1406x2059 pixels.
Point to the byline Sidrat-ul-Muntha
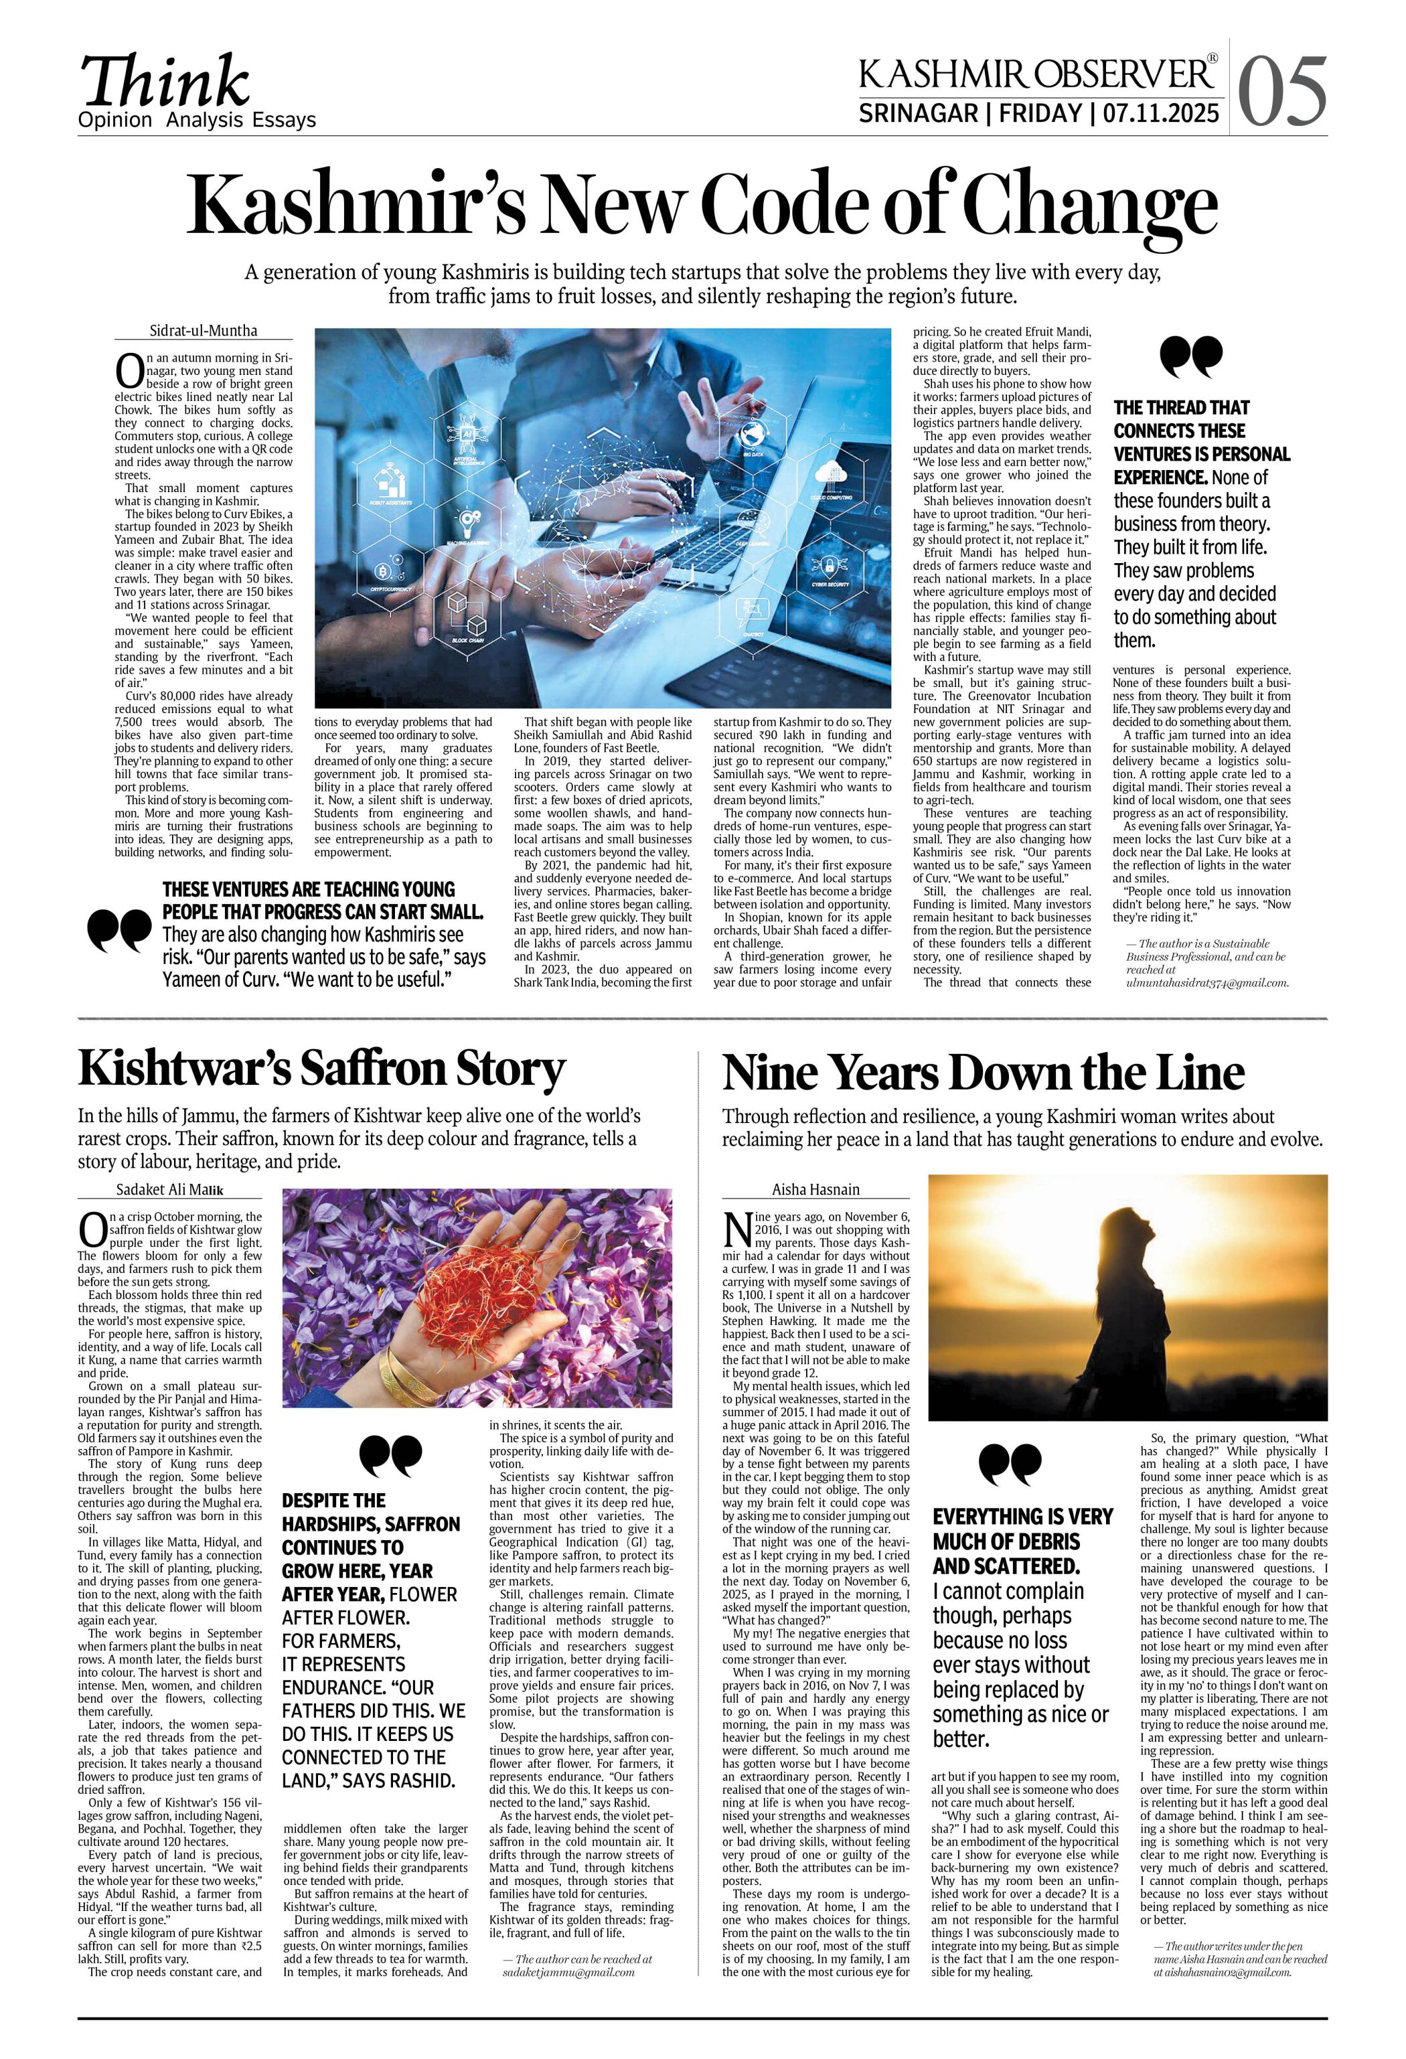point(203,331)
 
